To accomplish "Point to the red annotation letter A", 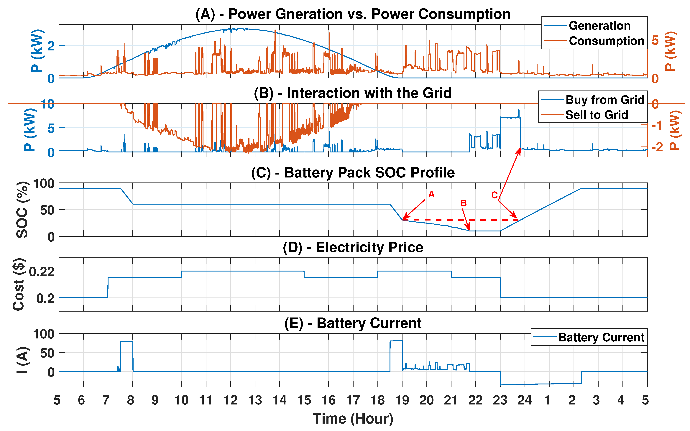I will point(431,194).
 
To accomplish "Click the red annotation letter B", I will point(463,203).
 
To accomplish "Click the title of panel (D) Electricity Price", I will point(353,247).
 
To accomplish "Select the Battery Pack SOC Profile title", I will point(353,173).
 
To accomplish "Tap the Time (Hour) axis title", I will point(353,418).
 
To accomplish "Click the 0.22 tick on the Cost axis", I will point(42,272).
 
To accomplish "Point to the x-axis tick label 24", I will point(524,400).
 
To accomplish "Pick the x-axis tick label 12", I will point(230,400).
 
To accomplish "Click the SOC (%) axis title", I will point(22,210).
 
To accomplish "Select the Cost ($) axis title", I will point(19,284).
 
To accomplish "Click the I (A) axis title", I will point(22,360).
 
